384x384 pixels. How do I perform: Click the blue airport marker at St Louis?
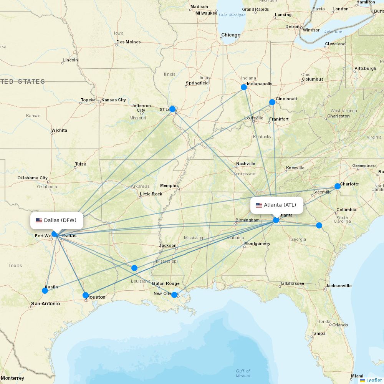click(x=172, y=109)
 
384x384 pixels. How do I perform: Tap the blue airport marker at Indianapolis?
click(x=244, y=87)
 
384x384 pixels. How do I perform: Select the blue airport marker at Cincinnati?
click(x=272, y=102)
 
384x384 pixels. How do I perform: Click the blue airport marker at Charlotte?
click(x=338, y=186)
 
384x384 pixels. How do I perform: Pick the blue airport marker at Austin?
click(x=45, y=291)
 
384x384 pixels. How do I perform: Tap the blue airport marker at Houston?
click(x=86, y=295)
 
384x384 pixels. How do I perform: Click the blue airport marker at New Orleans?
click(x=174, y=295)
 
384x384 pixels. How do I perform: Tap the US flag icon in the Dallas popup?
click(x=39, y=220)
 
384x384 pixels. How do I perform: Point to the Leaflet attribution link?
click(x=374, y=380)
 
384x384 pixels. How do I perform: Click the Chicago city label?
click(x=230, y=35)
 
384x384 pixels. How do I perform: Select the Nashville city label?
click(x=246, y=164)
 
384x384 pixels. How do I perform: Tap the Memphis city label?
click(x=169, y=185)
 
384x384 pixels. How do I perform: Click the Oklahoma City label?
click(x=33, y=178)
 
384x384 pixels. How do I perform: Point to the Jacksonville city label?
click(x=338, y=286)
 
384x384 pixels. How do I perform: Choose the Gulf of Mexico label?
click(x=243, y=373)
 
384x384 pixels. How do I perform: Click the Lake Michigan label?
click(x=232, y=15)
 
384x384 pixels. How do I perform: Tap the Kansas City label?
click(x=114, y=100)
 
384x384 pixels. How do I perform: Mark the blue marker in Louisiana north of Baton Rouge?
click(x=134, y=268)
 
